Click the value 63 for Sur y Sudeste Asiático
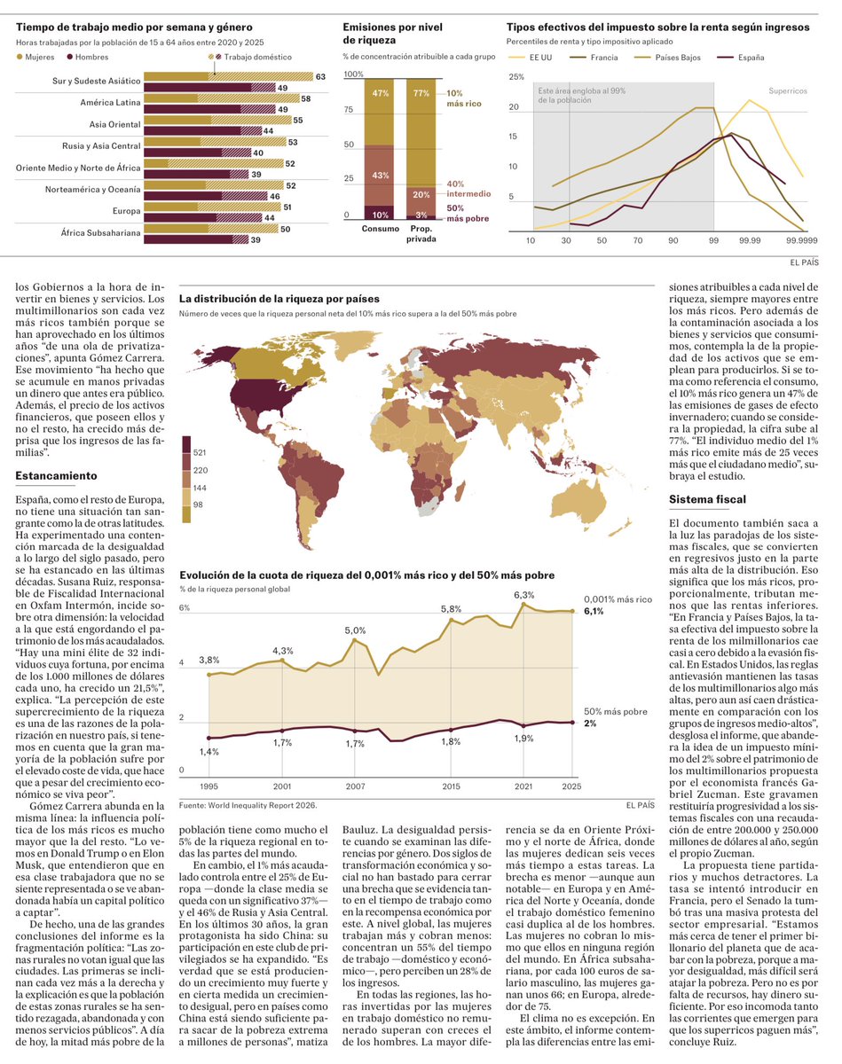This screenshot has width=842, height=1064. click(320, 77)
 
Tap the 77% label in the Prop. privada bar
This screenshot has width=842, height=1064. click(421, 93)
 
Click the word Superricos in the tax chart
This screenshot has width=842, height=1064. click(787, 91)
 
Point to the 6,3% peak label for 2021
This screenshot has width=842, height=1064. click(523, 595)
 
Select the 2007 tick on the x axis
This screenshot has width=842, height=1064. click(355, 786)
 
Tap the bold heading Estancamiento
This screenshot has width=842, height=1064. click(56, 476)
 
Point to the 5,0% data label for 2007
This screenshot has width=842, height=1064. click(355, 630)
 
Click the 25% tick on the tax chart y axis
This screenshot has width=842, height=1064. click(515, 77)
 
